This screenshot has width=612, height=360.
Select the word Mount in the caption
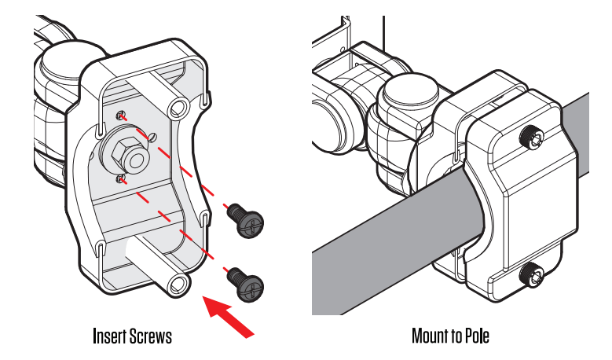[x=429, y=336]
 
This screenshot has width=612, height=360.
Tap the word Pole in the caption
[x=476, y=336]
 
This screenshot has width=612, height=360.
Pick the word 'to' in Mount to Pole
[x=455, y=336]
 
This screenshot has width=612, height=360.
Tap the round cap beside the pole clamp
[x=409, y=102]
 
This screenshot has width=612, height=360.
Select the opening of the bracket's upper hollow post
[x=178, y=106]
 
